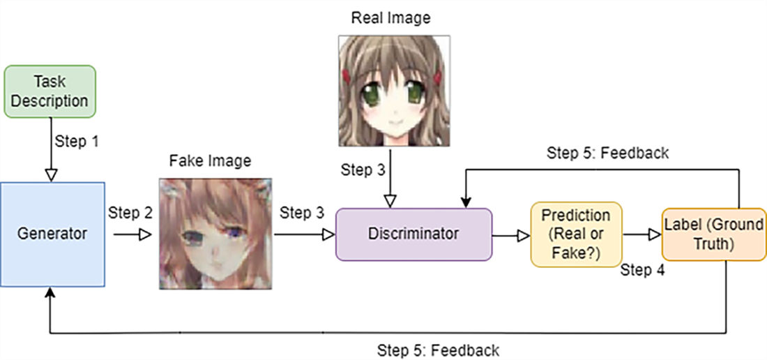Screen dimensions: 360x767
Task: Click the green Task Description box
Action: tap(50, 91)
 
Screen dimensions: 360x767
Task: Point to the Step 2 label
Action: tap(130, 213)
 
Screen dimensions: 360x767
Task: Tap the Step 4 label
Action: tap(641, 269)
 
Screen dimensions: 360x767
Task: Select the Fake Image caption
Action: tap(210, 161)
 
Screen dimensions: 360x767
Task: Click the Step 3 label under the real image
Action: tap(363, 170)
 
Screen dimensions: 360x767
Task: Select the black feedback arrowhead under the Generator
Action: tap(50, 293)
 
